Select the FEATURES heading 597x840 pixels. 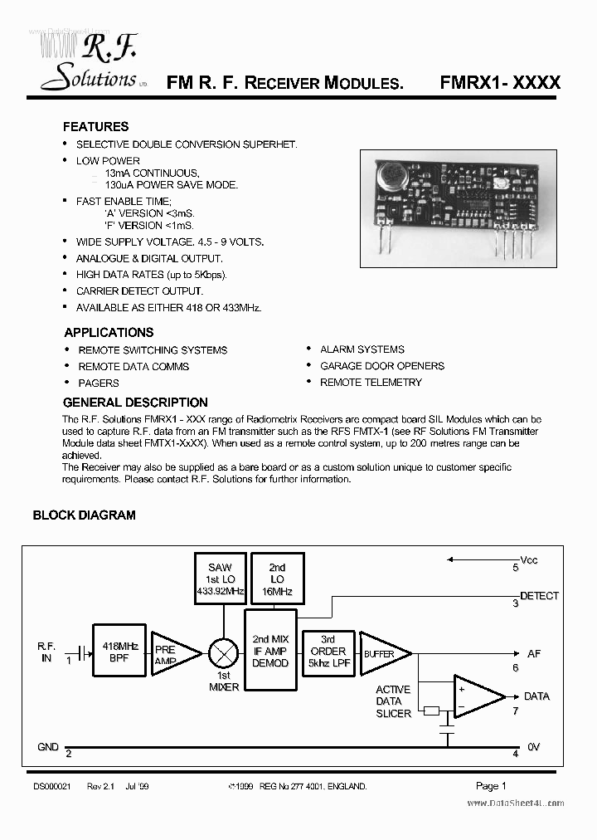pyautogui.click(x=95, y=127)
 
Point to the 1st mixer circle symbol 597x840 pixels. pyautogui.click(x=222, y=654)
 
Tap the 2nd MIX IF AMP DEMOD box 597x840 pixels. pyautogui.click(x=270, y=652)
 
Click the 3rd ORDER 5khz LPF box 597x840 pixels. pyautogui.click(x=328, y=652)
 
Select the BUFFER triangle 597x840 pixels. pyautogui.click(x=383, y=654)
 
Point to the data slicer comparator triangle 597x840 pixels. pyautogui.click(x=477, y=696)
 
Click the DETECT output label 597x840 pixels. pyautogui.click(x=539, y=596)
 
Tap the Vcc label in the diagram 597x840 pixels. pyautogui.click(x=529, y=560)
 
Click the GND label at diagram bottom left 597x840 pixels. pyautogui.click(x=48, y=747)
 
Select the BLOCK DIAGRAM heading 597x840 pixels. pyautogui.click(x=84, y=515)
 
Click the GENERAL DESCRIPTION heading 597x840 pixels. pyautogui.click(x=135, y=403)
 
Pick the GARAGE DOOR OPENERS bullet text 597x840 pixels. pyautogui.click(x=381, y=366)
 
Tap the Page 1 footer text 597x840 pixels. pyautogui.click(x=491, y=785)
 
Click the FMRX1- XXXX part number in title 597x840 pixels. pyautogui.click(x=500, y=83)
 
